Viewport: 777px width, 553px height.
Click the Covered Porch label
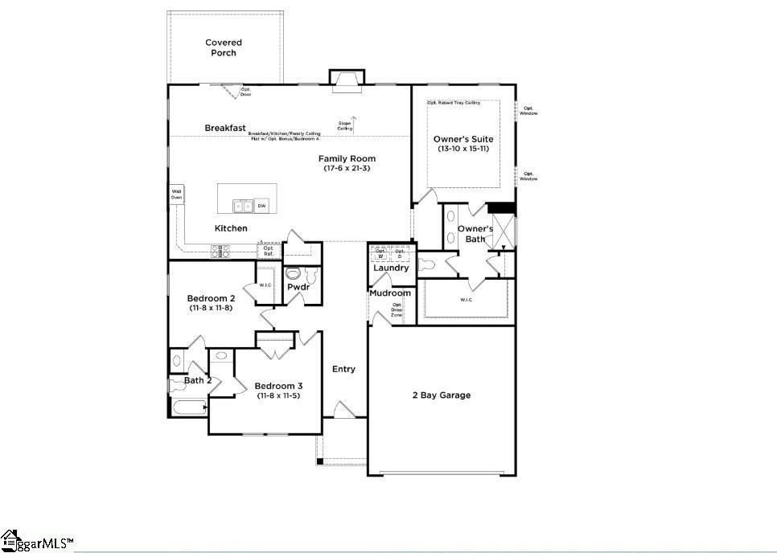tap(224, 47)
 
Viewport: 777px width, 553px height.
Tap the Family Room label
tap(347, 158)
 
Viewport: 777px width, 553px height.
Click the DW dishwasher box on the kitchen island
tap(261, 206)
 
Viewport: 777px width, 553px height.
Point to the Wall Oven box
tap(176, 194)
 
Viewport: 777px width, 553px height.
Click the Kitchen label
tap(231, 228)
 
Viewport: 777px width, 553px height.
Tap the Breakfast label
tap(225, 128)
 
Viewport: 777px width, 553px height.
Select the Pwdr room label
tap(298, 286)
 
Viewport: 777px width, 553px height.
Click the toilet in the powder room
tap(293, 272)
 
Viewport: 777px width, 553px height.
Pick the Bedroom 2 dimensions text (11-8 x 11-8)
tap(210, 308)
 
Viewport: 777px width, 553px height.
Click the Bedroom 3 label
tap(278, 385)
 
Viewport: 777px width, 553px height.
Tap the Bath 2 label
tap(198, 380)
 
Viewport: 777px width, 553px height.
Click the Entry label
tap(343, 369)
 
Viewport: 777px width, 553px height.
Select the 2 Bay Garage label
tap(442, 395)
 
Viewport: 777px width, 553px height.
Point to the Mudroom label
tap(390, 293)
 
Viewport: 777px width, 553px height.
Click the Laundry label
tap(391, 268)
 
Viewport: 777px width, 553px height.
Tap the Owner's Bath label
tap(475, 234)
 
